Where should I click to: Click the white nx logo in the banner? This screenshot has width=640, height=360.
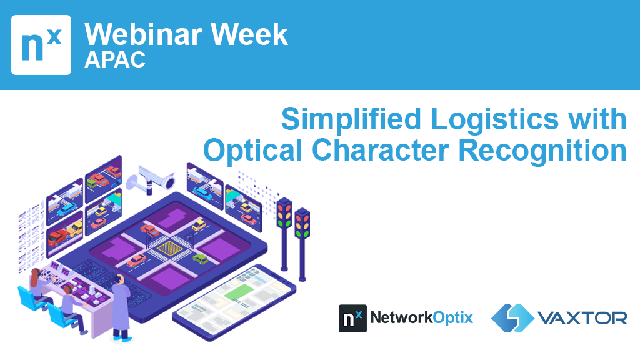[x=41, y=45]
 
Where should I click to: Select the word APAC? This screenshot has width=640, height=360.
[x=115, y=60]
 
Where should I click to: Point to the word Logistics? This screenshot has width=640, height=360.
[x=495, y=119]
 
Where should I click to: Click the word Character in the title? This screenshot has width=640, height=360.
[x=381, y=150]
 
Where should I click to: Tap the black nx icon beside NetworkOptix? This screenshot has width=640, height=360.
[x=352, y=318]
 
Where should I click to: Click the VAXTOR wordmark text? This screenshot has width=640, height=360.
[x=582, y=318]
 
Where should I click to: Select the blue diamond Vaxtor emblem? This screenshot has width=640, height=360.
[x=512, y=318]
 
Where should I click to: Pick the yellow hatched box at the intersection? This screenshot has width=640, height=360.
[x=170, y=247]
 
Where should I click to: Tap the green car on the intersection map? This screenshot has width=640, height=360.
[x=200, y=259]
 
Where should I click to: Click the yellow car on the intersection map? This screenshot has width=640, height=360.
[x=199, y=225]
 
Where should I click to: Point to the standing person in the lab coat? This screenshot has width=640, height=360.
[x=121, y=309]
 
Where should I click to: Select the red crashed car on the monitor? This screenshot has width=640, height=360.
[x=58, y=237]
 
